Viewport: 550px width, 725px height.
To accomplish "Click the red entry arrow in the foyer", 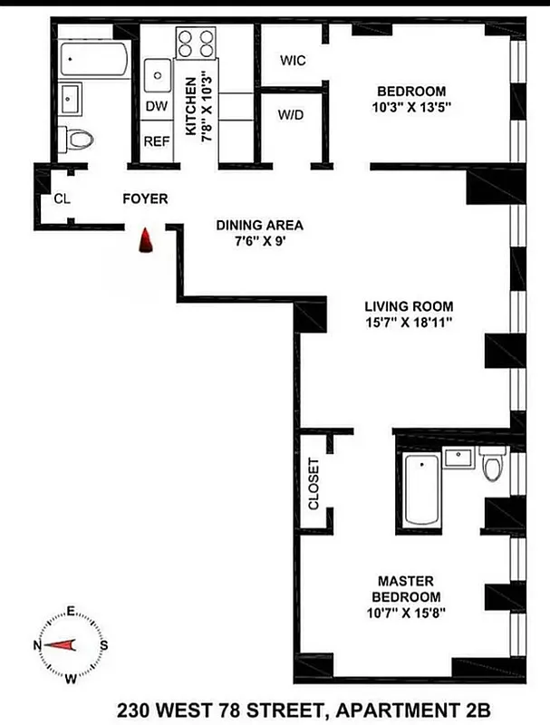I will click(x=145, y=242).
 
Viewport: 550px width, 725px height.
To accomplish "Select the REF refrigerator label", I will click(x=157, y=142).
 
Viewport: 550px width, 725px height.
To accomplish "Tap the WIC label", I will click(x=293, y=61).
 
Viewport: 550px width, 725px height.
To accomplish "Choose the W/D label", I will click(x=292, y=116).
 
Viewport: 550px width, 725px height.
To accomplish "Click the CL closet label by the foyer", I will click(x=63, y=199).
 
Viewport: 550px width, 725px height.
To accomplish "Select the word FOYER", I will click(x=145, y=198).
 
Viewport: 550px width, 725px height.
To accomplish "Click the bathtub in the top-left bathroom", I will click(x=93, y=60).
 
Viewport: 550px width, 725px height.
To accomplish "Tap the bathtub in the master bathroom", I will click(x=421, y=489).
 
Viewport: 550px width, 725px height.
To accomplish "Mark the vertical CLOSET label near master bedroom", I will click(x=314, y=483).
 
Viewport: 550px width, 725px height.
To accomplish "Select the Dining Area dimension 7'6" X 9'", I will click(x=258, y=242).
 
